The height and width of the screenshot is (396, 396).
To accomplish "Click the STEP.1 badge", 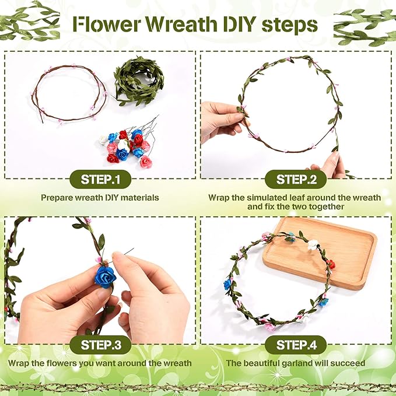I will tap(100, 179).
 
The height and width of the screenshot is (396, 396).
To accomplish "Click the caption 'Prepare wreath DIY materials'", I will tap(100, 198).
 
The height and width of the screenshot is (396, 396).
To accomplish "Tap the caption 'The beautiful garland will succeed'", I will tap(296, 363).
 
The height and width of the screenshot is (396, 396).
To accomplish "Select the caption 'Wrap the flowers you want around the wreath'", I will tap(100, 363).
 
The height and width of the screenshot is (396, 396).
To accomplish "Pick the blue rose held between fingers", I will tap(106, 277).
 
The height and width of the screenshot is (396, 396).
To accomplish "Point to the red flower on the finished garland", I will tap(331, 264).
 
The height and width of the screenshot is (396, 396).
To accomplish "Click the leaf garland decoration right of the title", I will tap(365, 26).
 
